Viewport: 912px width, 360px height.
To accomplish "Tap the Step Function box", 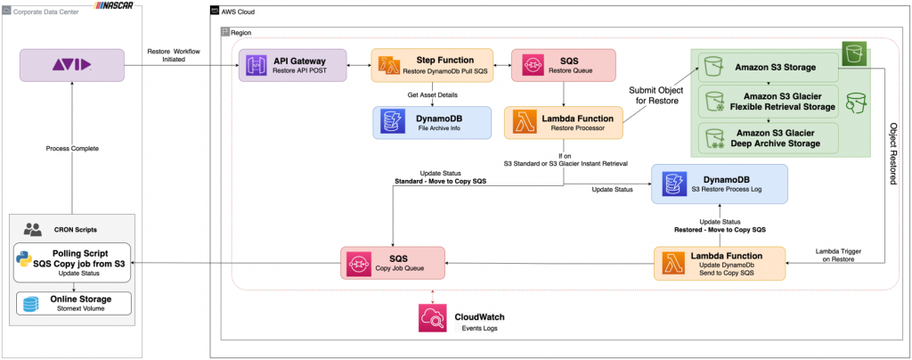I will click(432, 66).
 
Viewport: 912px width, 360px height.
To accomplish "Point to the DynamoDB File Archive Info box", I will click(431, 123).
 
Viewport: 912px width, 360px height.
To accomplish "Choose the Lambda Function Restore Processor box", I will click(563, 123).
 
